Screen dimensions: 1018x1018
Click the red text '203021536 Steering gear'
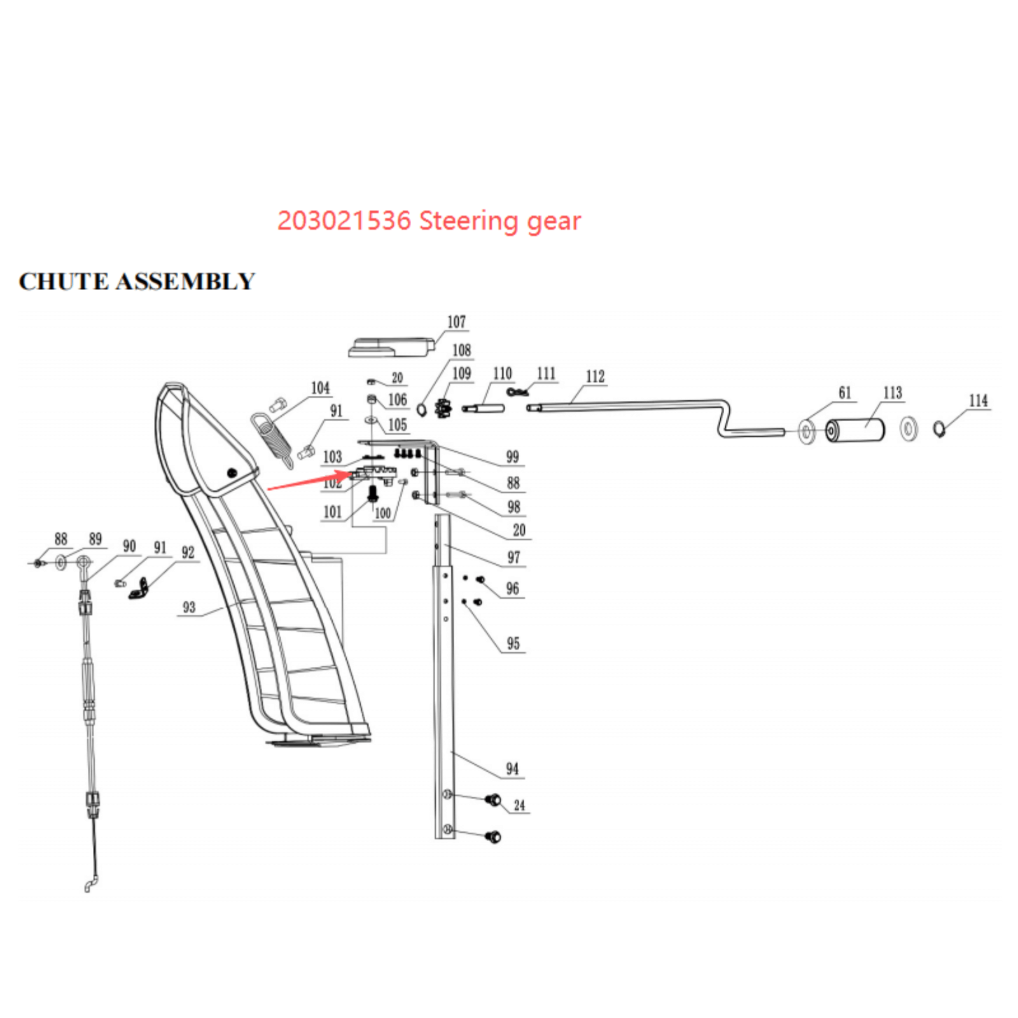[x=429, y=221]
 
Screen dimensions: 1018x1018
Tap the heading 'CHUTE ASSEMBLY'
[x=137, y=281]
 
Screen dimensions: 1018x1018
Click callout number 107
[x=456, y=322]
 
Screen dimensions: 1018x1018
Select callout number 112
[x=595, y=377]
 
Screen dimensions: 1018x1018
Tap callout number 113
[x=892, y=393]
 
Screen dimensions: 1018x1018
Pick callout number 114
[x=978, y=401]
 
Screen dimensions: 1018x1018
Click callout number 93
[x=189, y=608]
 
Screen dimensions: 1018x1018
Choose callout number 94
[x=512, y=769]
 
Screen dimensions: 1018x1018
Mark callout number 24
[x=519, y=805]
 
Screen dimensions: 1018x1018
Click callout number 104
[x=320, y=388]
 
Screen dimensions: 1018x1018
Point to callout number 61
[x=844, y=393]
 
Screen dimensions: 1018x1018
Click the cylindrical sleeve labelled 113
[x=855, y=431]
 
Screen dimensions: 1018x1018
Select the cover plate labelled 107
[x=391, y=347]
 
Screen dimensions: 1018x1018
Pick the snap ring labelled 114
[x=938, y=429]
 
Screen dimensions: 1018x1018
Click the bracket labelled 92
[x=140, y=589]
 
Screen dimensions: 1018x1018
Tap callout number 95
[x=513, y=644]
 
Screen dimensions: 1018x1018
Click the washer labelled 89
[x=61, y=562]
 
